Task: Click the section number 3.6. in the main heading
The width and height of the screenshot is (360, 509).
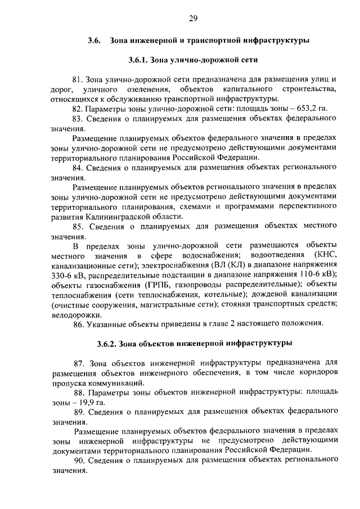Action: coord(94,41)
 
